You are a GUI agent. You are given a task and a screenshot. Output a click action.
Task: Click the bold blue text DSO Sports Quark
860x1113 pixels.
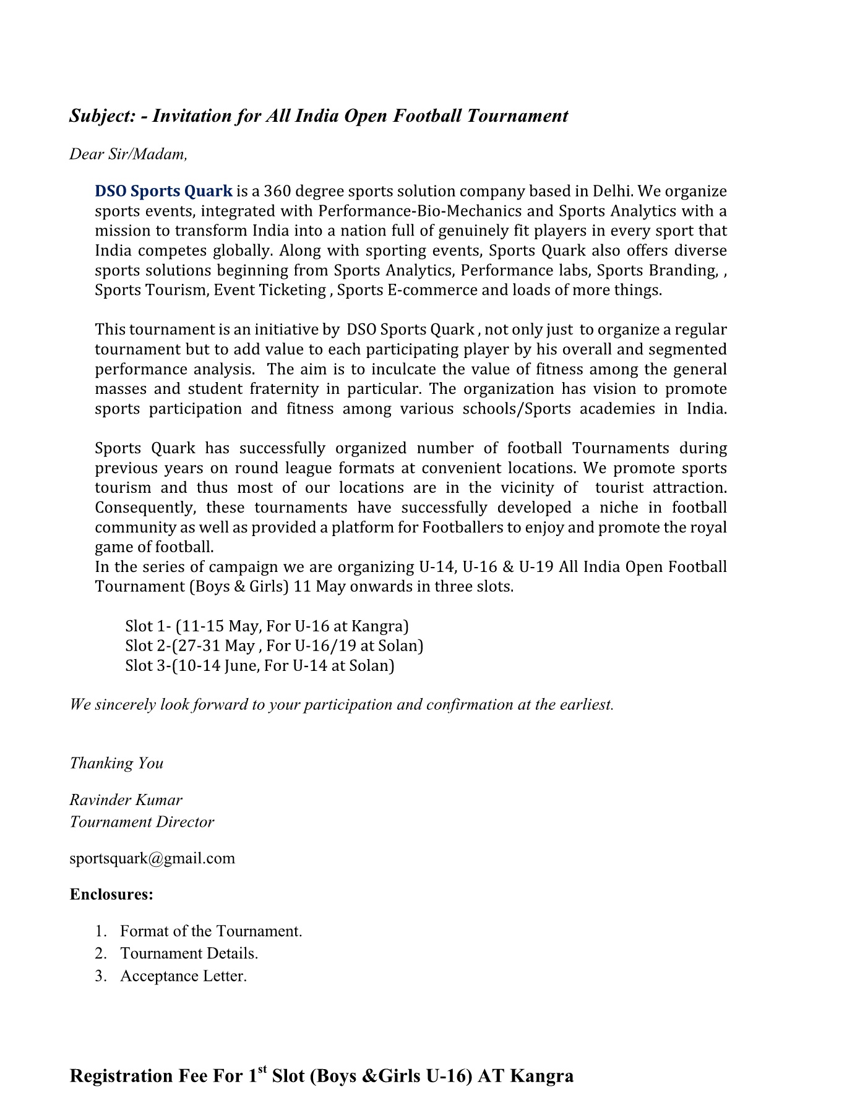[x=164, y=191]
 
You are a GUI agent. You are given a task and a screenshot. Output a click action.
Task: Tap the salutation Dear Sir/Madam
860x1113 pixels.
[x=128, y=154]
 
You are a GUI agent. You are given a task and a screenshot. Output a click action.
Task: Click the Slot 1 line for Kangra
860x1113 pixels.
[x=267, y=626]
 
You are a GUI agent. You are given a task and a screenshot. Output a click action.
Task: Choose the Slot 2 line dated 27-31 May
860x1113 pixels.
[x=274, y=646]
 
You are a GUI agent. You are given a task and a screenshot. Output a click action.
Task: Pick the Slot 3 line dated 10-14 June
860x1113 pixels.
[x=260, y=665]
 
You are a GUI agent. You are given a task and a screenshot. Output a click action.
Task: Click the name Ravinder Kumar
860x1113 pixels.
[x=126, y=800]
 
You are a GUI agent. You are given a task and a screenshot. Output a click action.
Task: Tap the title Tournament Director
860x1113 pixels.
[x=142, y=822]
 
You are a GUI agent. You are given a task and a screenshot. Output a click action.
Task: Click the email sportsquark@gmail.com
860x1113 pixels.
[x=152, y=858]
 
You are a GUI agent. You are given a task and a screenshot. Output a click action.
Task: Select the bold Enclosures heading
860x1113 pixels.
[x=111, y=895]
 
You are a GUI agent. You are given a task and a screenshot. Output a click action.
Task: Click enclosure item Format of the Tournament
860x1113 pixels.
[x=211, y=931]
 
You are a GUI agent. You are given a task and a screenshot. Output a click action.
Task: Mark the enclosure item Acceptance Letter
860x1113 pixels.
[x=184, y=976]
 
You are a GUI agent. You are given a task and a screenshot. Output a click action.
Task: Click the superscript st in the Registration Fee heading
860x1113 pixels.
[x=262, y=1068]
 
